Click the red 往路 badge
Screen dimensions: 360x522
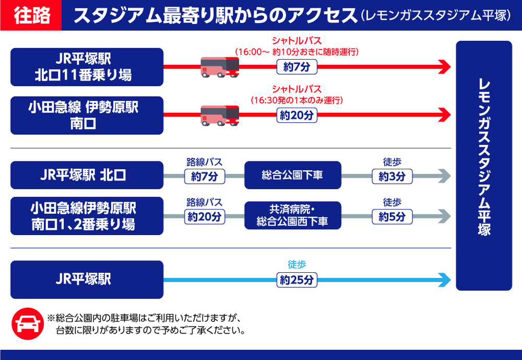[31, 16]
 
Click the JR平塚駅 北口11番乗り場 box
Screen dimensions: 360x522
[87, 67]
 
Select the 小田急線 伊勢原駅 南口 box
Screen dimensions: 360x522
[87, 115]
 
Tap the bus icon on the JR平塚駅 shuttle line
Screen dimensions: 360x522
[220, 67]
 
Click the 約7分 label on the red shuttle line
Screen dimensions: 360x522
[296, 67]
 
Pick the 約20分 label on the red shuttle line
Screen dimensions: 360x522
[296, 115]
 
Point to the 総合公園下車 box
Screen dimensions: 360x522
[292, 176]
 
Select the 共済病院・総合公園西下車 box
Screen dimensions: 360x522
[292, 215]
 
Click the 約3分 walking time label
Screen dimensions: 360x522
[392, 176]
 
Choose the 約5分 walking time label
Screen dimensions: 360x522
[392, 216]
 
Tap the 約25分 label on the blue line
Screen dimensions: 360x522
[296, 280]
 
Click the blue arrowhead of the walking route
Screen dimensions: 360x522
[444, 280]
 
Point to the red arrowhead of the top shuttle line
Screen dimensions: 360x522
[444, 67]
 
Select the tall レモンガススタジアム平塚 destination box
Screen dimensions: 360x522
[484, 165]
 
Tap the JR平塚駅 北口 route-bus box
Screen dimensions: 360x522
[87, 176]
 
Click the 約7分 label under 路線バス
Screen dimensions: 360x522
[205, 176]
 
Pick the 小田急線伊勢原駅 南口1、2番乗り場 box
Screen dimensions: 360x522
[87, 216]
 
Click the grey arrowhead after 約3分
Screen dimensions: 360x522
[444, 176]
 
